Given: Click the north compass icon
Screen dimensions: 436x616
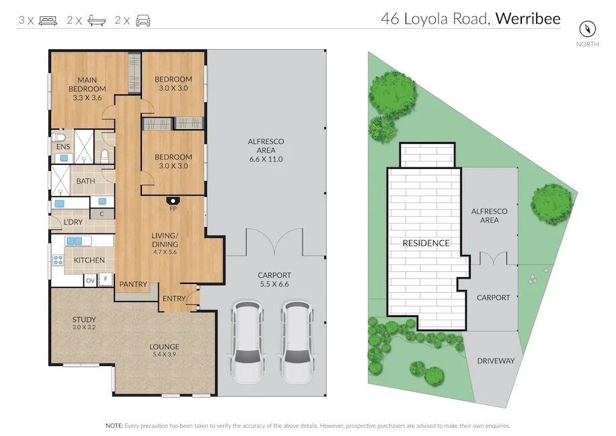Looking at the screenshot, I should tap(588, 30).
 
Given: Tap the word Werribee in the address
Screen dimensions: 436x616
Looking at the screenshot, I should tap(528, 18).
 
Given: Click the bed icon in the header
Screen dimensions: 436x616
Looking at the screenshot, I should tap(48, 20).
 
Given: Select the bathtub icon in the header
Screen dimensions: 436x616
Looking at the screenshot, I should tap(95, 20).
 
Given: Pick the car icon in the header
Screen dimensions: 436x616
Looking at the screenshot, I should tap(143, 20).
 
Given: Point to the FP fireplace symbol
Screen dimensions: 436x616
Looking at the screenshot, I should tap(173, 201).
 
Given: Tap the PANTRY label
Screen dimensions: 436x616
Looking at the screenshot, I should tap(133, 285).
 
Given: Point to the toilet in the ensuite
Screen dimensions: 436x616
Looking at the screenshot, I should tap(104, 157).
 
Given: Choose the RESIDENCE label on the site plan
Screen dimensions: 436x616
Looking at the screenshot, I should tap(426, 243).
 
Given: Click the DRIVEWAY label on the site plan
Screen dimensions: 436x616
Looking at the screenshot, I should tap(496, 361).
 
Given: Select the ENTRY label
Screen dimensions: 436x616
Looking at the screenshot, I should tap(174, 298).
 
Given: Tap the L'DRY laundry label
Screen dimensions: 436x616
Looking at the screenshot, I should tap(73, 222).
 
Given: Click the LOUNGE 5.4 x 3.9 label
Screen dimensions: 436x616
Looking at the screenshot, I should tap(164, 351).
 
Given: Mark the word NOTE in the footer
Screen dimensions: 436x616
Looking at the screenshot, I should tap(114, 426).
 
